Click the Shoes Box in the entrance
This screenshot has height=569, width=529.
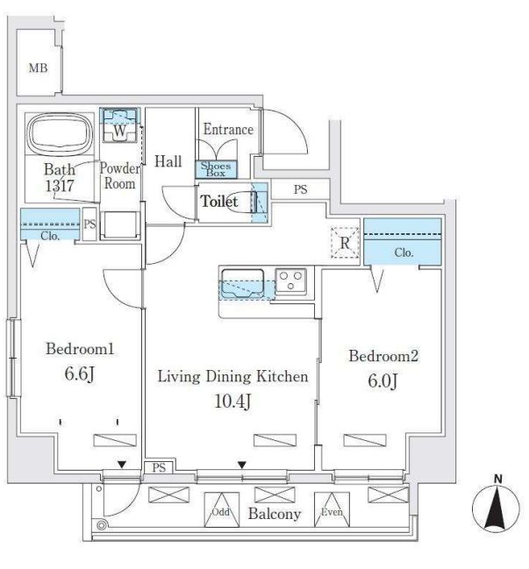pyautogui.click(x=216, y=169)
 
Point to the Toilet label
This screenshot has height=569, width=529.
pyautogui.click(x=219, y=202)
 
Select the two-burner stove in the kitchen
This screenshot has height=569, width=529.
pyautogui.click(x=291, y=281)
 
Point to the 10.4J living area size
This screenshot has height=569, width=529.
pyautogui.click(x=232, y=402)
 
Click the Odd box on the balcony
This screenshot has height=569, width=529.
pyautogui.click(x=220, y=513)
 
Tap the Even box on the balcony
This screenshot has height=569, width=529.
pyautogui.click(x=331, y=513)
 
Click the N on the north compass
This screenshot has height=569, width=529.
pyautogui.click(x=497, y=479)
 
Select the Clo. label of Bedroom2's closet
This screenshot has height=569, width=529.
pyautogui.click(x=404, y=252)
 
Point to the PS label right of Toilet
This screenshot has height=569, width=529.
pyautogui.click(x=301, y=189)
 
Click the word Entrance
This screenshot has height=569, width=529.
pyautogui.click(x=228, y=130)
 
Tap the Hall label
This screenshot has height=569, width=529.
pyautogui.click(x=168, y=161)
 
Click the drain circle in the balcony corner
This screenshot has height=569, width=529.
pyautogui.click(x=103, y=526)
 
